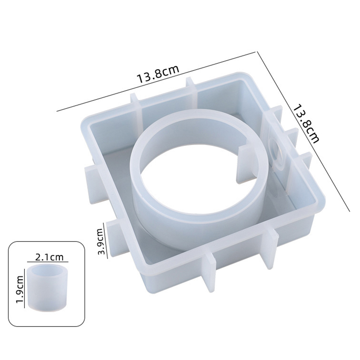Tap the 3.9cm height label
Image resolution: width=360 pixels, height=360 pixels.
[100, 241]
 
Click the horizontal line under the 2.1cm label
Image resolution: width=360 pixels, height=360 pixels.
[48, 262]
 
